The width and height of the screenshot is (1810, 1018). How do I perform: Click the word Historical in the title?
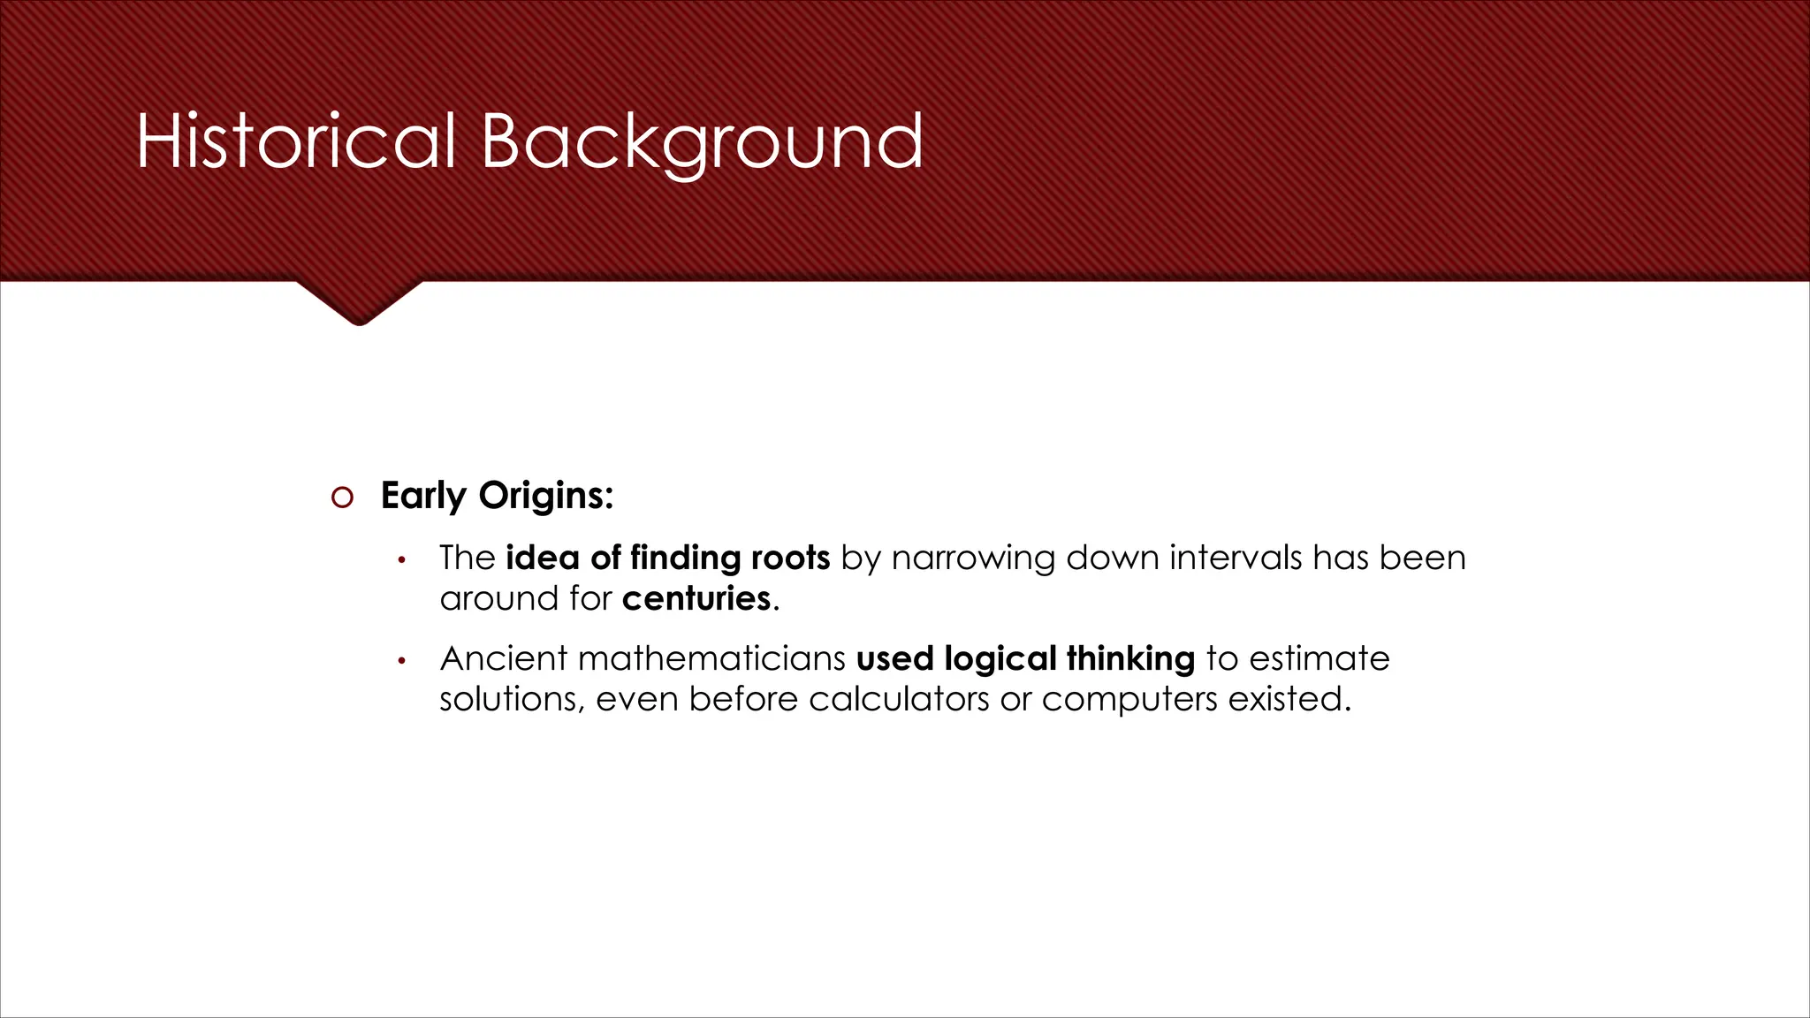coord(296,141)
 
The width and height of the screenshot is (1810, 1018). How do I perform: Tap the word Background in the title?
coord(702,141)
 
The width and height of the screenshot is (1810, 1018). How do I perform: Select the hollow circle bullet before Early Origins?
coord(342,498)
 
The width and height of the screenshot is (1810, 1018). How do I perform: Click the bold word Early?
coord(423,496)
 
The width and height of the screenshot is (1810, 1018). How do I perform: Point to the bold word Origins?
coord(545,496)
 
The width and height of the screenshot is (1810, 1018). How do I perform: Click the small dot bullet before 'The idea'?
coord(401,560)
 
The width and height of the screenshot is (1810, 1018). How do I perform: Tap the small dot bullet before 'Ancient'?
coord(401,661)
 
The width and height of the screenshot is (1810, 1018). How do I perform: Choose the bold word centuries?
coord(696,599)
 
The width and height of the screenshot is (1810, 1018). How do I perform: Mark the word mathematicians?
coord(711,658)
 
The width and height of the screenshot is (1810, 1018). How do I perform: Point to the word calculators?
coord(899,699)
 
